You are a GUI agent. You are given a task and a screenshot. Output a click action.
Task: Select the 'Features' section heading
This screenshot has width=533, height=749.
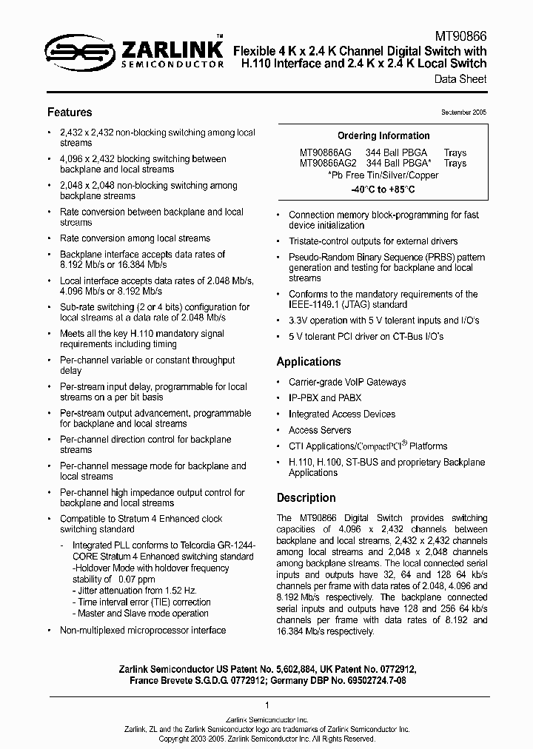tap(70, 112)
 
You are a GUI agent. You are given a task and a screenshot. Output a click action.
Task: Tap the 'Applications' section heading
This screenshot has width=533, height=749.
tap(309, 362)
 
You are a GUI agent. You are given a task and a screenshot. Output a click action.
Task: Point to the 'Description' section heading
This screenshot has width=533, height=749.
tap(306, 498)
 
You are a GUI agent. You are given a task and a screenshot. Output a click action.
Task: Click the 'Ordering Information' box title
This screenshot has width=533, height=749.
tap(383, 136)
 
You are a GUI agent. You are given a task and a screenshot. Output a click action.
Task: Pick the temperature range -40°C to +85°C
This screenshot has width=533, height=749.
tap(383, 189)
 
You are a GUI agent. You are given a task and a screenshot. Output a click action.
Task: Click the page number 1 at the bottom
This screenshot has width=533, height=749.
tap(266, 705)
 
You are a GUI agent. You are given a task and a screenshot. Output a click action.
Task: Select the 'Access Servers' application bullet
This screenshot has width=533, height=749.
tap(320, 430)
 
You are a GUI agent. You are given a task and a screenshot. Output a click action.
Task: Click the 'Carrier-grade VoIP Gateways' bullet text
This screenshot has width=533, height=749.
tap(347, 382)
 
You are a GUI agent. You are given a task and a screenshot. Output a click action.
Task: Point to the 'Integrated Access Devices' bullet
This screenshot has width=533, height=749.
tap(342, 414)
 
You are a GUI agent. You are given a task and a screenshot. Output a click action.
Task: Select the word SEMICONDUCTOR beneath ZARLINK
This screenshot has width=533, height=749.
tap(171, 65)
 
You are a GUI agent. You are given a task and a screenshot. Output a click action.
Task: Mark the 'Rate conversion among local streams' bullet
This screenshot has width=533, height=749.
tap(135, 238)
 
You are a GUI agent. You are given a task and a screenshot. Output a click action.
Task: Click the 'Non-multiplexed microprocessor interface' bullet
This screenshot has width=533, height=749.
tap(143, 630)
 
